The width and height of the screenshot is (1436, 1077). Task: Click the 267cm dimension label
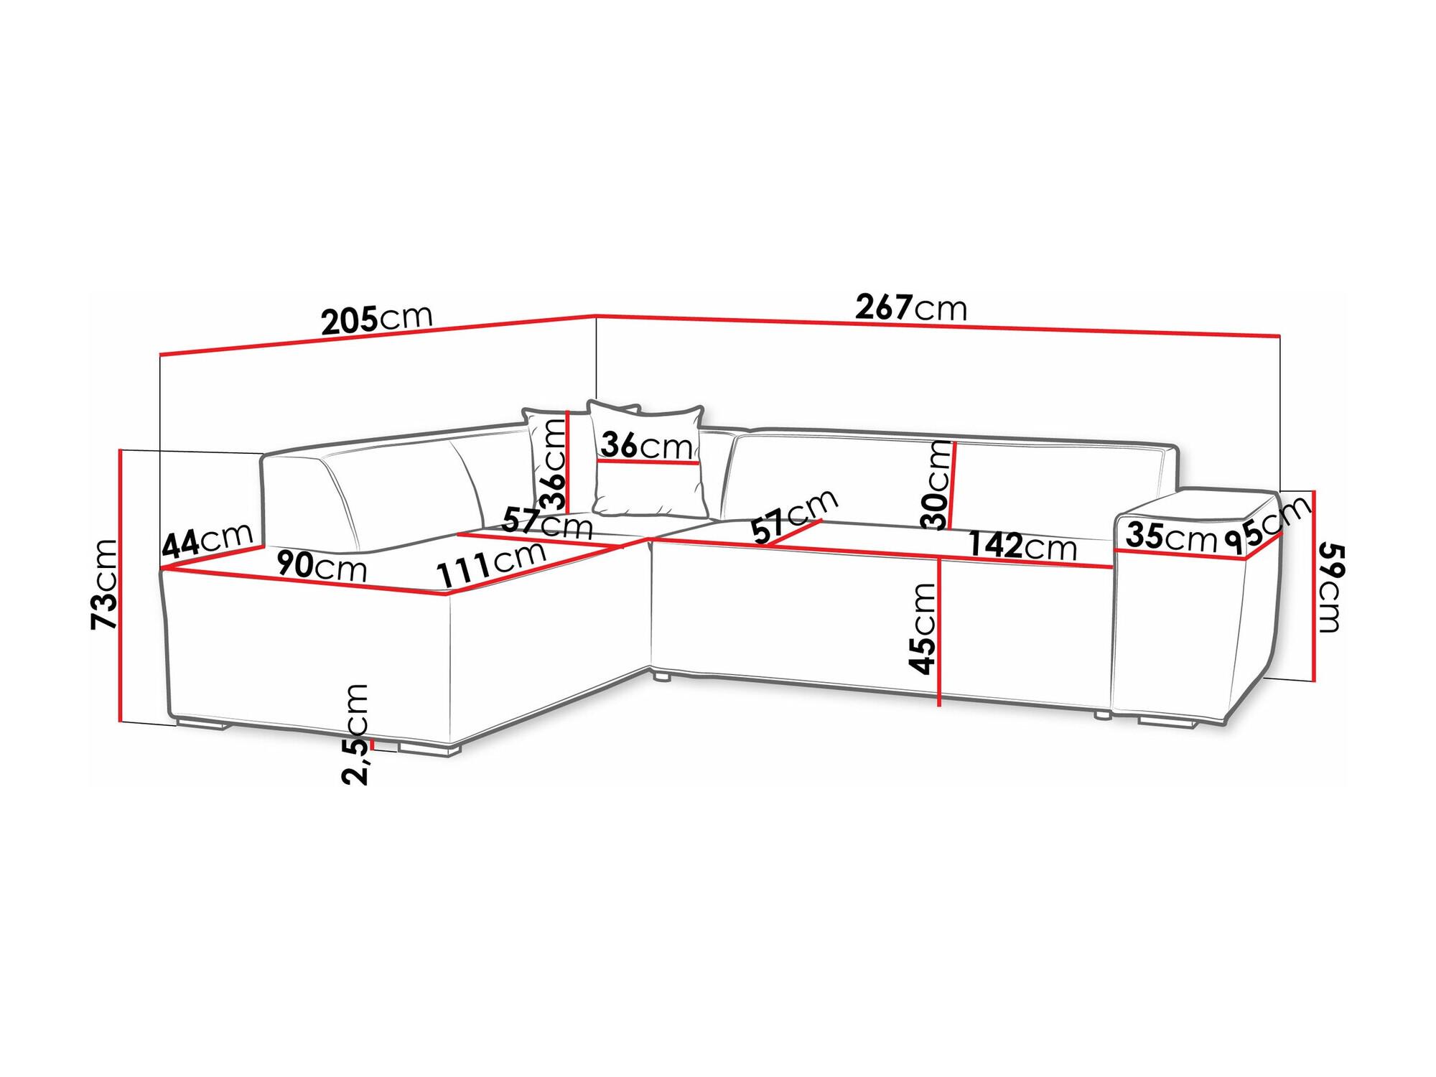(x=911, y=308)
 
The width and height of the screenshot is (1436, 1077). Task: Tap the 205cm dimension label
(x=377, y=320)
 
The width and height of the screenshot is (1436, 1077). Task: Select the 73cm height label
(x=105, y=584)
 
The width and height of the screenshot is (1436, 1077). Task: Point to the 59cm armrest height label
(x=1330, y=588)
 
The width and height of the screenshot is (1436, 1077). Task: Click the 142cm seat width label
(x=1022, y=546)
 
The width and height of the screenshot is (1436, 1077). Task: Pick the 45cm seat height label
(x=923, y=629)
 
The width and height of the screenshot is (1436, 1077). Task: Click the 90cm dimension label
(x=322, y=566)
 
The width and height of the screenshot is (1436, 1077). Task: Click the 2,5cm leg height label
(x=355, y=735)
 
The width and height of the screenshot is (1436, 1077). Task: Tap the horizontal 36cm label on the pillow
(x=647, y=445)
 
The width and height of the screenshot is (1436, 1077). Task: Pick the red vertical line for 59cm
(x=1314, y=586)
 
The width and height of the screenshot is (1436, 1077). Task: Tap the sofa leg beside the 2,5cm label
(x=429, y=750)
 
